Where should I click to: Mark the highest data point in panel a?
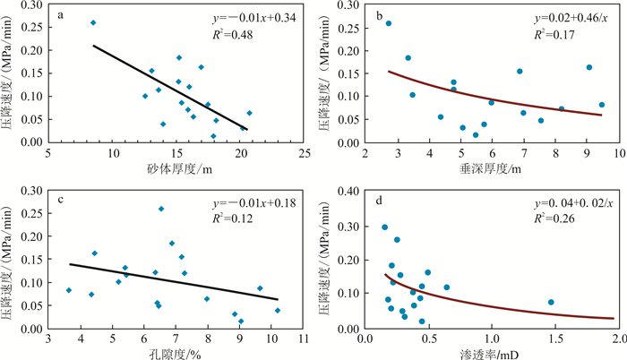tap(93, 22)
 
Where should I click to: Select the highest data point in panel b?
tap(389, 23)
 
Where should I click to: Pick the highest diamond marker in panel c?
tap(161, 209)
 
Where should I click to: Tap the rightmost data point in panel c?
tap(278, 310)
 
